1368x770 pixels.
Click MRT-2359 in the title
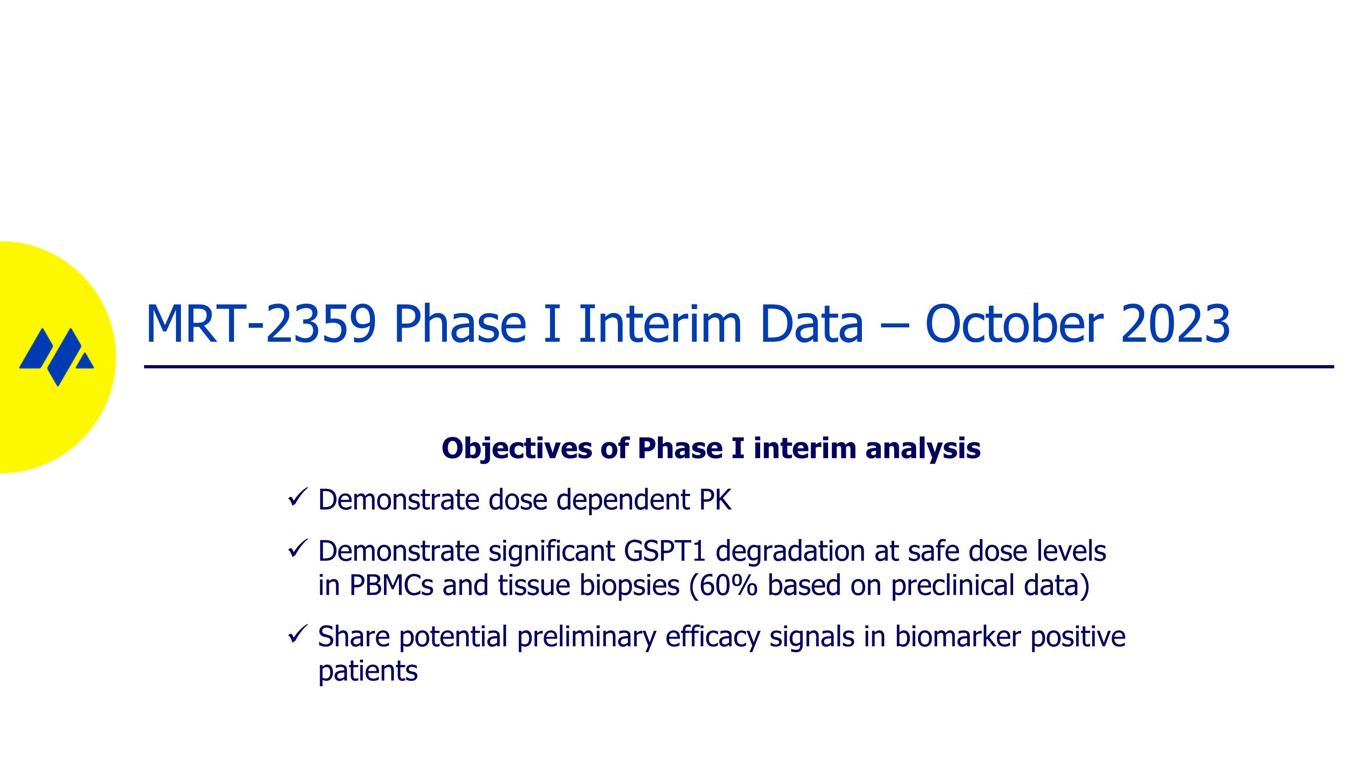tap(260, 324)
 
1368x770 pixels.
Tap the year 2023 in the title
tap(1175, 324)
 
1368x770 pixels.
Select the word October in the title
tap(1013, 324)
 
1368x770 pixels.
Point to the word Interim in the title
tap(658, 324)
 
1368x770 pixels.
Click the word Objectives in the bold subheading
tap(516, 449)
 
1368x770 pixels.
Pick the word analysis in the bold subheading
tap(922, 449)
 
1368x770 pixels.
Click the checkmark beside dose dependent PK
tap(297, 498)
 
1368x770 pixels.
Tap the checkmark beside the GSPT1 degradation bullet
tap(297, 549)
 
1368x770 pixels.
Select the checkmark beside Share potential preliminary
tap(297, 634)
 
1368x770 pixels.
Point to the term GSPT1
tap(664, 551)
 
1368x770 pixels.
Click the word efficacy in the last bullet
tap(712, 637)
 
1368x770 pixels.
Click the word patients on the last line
tap(368, 671)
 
